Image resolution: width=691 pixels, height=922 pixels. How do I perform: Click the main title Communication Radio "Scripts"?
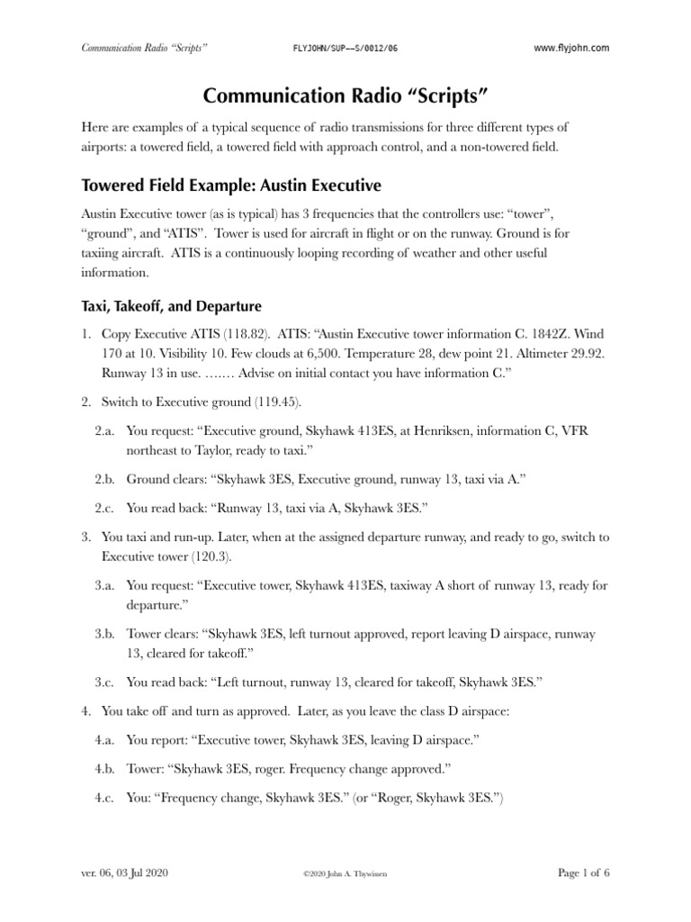[x=345, y=96]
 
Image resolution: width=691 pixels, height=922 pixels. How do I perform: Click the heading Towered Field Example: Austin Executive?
[x=231, y=185]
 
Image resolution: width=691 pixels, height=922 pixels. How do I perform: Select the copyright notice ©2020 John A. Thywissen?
[x=345, y=873]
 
